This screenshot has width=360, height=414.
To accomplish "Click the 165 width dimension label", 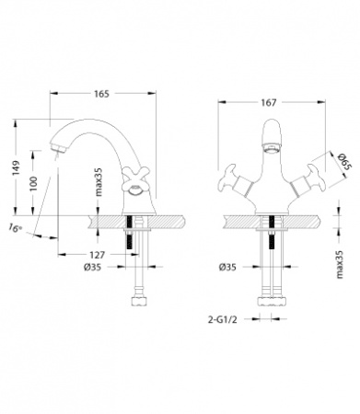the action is click(x=101, y=94).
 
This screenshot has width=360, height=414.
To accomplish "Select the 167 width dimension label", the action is click(x=269, y=102).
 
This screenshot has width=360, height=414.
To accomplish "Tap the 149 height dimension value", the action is click(x=16, y=167).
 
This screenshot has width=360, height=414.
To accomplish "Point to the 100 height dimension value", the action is click(x=33, y=183).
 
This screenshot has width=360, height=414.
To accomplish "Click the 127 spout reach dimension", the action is click(x=97, y=255).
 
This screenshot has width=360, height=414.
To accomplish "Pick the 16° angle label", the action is click(x=16, y=228).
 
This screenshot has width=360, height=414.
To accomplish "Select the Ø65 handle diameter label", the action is click(x=342, y=167).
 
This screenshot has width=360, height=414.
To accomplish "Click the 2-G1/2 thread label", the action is click(x=223, y=320).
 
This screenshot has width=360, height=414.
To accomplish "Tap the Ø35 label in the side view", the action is click(x=92, y=268).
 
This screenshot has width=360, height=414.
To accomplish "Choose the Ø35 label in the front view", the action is click(x=227, y=268).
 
